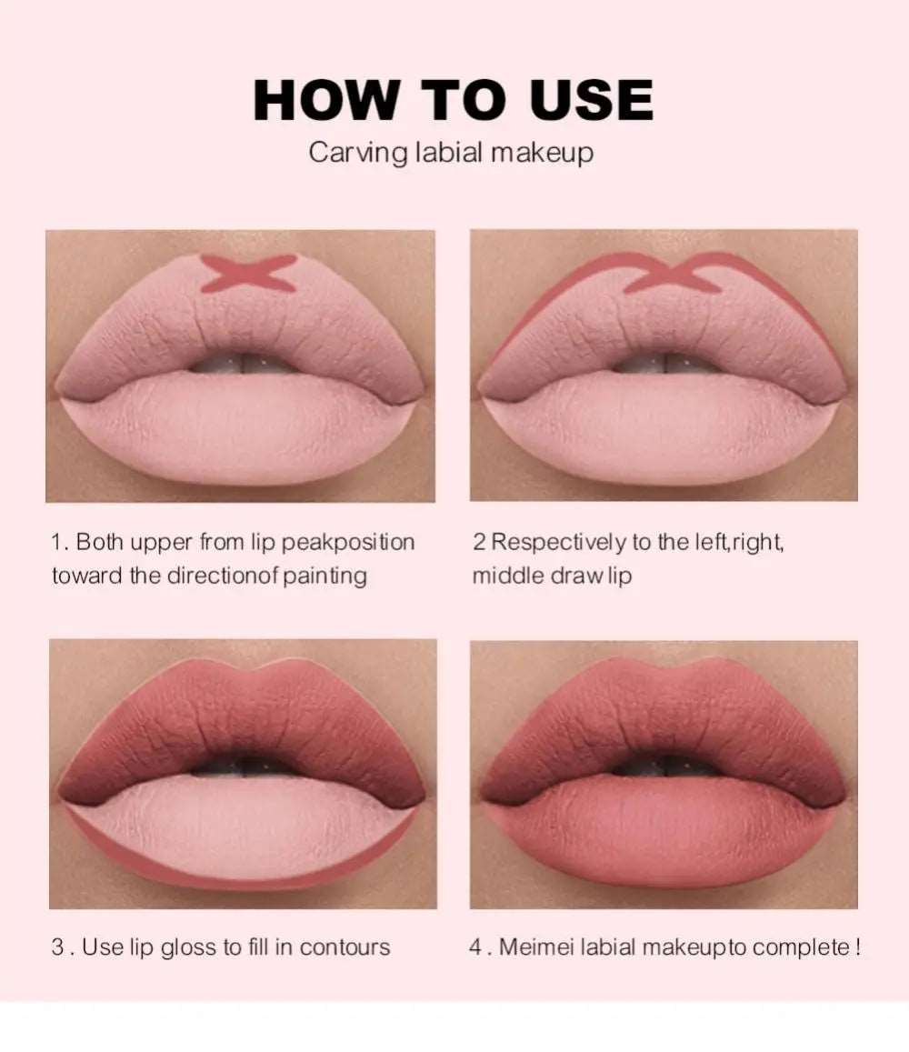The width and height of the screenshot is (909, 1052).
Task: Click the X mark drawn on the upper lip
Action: tap(248, 273)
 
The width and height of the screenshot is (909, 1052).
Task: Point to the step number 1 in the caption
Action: tap(56, 543)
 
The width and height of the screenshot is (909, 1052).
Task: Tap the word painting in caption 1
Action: tap(323, 576)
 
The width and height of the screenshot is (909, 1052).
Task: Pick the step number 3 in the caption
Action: tap(57, 947)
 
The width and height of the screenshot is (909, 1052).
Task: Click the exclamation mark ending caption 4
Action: tap(857, 947)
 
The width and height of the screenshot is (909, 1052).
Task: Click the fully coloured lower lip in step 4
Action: tap(664, 832)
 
